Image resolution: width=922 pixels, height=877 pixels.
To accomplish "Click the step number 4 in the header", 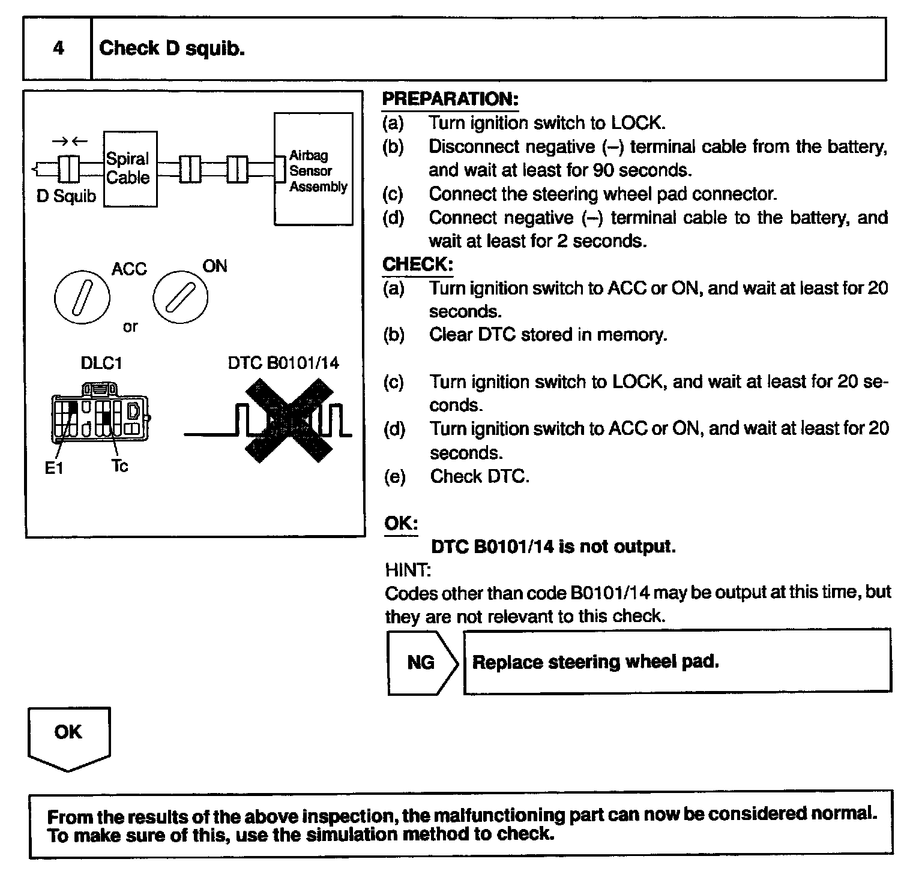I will pyautogui.click(x=58, y=48).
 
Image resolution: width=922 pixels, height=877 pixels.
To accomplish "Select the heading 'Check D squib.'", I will pyautogui.click(x=172, y=48).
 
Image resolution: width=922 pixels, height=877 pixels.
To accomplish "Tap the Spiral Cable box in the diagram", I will pyautogui.click(x=130, y=169).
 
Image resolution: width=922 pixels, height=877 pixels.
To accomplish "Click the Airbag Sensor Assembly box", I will pyautogui.click(x=313, y=170).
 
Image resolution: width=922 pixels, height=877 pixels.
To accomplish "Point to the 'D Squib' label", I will pyautogui.click(x=66, y=196).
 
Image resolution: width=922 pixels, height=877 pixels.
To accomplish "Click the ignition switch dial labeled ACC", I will pyautogui.click(x=82, y=297).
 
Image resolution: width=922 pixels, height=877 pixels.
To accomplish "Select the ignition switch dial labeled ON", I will pyautogui.click(x=181, y=297).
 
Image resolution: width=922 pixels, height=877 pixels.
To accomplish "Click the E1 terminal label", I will pyautogui.click(x=54, y=468).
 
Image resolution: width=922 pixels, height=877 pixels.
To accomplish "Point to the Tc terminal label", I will pyautogui.click(x=119, y=466).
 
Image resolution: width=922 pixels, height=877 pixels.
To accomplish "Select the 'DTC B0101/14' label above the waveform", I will pyautogui.click(x=283, y=363).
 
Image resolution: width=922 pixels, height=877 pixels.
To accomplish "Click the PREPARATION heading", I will pyautogui.click(x=450, y=99).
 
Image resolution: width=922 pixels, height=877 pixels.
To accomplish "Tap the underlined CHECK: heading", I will pyautogui.click(x=418, y=264).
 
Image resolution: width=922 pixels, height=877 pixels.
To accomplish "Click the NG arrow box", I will pyautogui.click(x=422, y=662).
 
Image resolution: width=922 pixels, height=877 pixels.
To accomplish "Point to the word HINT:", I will pyautogui.click(x=408, y=570).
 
